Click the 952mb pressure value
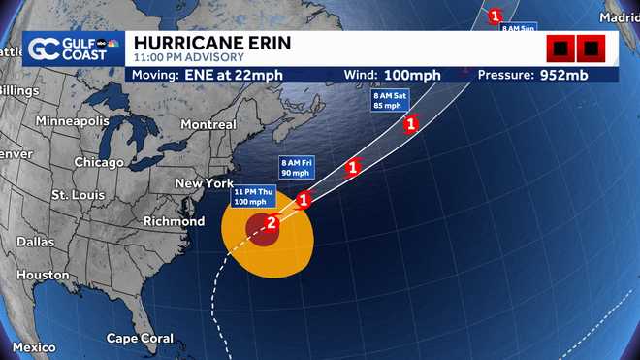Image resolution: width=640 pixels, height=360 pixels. (x=576, y=76)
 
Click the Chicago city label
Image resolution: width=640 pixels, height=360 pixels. (x=99, y=162)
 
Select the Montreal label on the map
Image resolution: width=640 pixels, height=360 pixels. (x=208, y=124)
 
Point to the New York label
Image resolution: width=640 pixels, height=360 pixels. (x=204, y=183)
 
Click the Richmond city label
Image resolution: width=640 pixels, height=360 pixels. (x=174, y=221)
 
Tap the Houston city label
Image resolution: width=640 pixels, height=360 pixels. (x=43, y=275)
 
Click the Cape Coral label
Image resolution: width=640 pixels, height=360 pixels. (x=140, y=339)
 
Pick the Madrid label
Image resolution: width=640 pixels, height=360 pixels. (x=620, y=17)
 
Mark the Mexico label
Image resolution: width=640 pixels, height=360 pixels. (x=35, y=347)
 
